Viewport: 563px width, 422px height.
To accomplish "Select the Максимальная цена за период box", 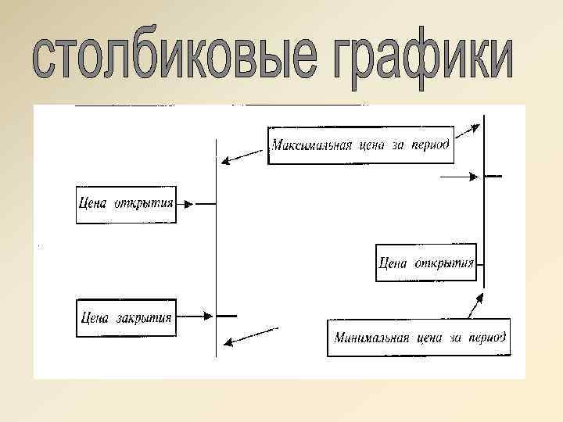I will tap(360, 145).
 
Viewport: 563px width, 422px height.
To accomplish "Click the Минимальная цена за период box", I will tap(419, 338).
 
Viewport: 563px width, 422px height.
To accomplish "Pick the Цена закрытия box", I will tap(126, 317).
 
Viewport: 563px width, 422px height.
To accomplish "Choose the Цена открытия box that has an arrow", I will tap(126, 204).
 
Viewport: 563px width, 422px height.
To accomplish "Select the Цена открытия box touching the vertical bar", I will tap(426, 263).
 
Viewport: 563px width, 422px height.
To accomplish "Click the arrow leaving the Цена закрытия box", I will tap(195, 316).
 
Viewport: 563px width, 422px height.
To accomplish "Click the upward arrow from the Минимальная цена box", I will tap(474, 306).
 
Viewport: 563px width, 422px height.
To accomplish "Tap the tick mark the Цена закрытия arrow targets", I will tap(227, 316).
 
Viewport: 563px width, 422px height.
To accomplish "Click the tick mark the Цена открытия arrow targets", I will tap(206, 204).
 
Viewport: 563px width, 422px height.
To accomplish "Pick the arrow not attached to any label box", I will tap(458, 177).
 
